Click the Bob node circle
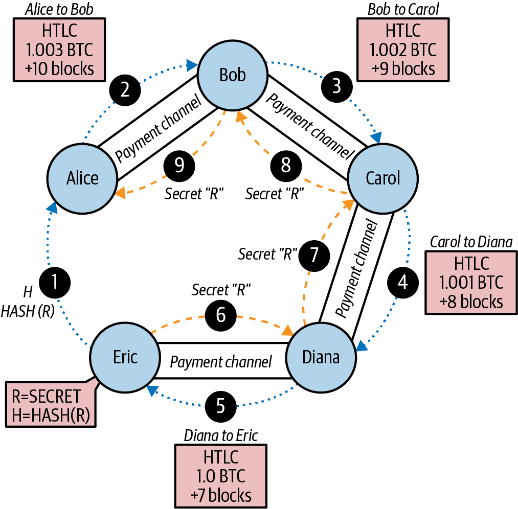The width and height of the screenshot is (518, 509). (233, 75)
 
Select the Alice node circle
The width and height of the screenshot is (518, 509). (82, 178)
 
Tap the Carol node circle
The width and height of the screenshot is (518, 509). (383, 178)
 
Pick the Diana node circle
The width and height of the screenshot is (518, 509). (321, 357)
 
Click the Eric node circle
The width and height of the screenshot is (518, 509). (125, 357)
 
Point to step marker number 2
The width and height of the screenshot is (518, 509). (124, 90)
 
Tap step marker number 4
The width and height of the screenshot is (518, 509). (403, 282)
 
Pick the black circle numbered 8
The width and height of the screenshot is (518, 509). (286, 165)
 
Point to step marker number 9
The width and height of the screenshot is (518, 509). (179, 165)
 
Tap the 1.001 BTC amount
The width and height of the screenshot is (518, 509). (471, 282)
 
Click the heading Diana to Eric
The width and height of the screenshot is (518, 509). (221, 435)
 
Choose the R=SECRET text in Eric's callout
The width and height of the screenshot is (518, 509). (46, 396)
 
